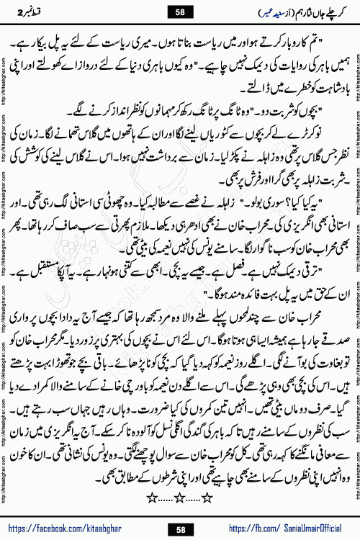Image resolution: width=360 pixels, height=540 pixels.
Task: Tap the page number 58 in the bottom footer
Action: coord(180,530)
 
